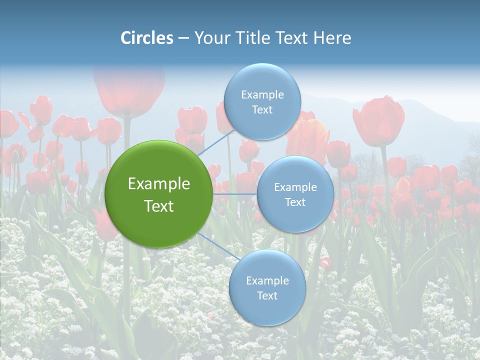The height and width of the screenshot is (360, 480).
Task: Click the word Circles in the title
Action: (146, 38)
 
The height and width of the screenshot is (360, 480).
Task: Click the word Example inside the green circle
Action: (158, 184)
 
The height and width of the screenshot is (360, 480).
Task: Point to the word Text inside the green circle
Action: (158, 206)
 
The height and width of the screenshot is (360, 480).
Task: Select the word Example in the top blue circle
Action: (262, 95)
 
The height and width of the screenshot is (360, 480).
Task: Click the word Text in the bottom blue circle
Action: (267, 296)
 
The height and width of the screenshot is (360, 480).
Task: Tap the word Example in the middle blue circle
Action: (295, 187)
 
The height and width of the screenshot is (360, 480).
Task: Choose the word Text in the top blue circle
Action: (262, 110)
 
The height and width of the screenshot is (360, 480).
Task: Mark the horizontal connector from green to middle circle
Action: (235, 194)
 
